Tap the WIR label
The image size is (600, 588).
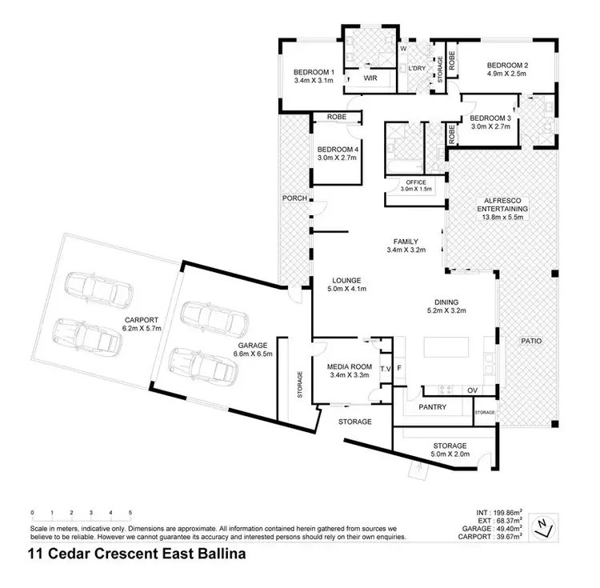pos(370,79)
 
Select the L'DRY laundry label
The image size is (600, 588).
pos(416,69)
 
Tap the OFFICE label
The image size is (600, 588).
pos(416,182)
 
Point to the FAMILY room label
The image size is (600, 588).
pos(406,241)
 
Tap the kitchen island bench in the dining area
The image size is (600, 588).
pos(446,348)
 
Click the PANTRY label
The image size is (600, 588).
pos(433,407)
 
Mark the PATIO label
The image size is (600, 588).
pos(530,342)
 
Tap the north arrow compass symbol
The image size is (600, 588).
pos(544,526)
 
